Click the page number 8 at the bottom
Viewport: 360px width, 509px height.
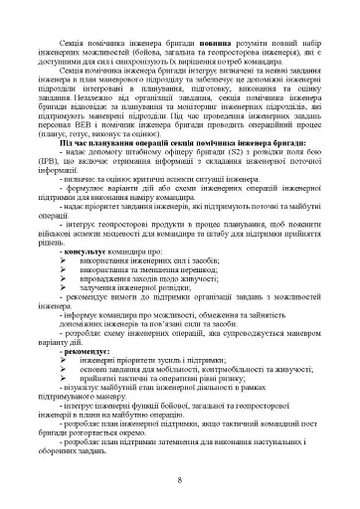tap(179, 482)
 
